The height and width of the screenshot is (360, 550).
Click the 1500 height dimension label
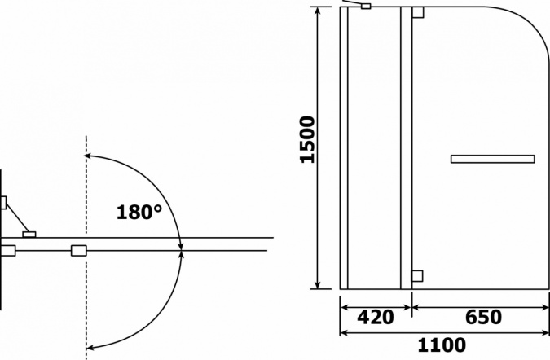308,139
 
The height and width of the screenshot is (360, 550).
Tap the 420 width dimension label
376,317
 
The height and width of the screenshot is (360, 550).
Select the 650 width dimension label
483,317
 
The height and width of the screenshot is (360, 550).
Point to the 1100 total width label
442,345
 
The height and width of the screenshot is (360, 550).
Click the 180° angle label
139,212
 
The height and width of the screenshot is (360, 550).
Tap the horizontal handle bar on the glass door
492,159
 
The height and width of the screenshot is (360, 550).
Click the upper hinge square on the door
418,12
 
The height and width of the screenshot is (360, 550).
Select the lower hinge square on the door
417,276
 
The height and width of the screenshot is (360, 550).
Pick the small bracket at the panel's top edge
366,6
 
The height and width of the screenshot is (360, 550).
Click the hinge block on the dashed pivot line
78,251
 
